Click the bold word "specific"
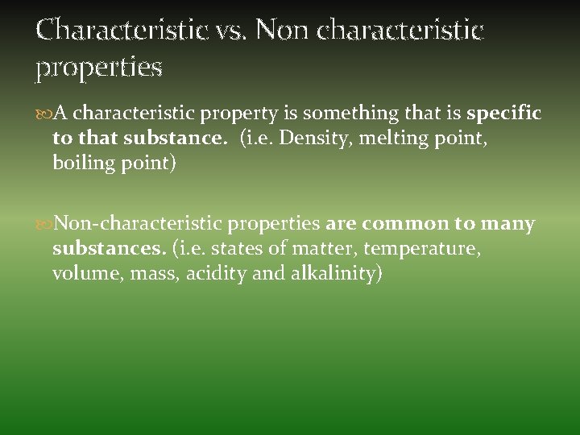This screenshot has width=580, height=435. (503, 114)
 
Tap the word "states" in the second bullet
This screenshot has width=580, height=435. (234, 249)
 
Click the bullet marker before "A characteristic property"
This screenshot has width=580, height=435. (43, 114)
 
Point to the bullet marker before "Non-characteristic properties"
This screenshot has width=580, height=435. (43, 224)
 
